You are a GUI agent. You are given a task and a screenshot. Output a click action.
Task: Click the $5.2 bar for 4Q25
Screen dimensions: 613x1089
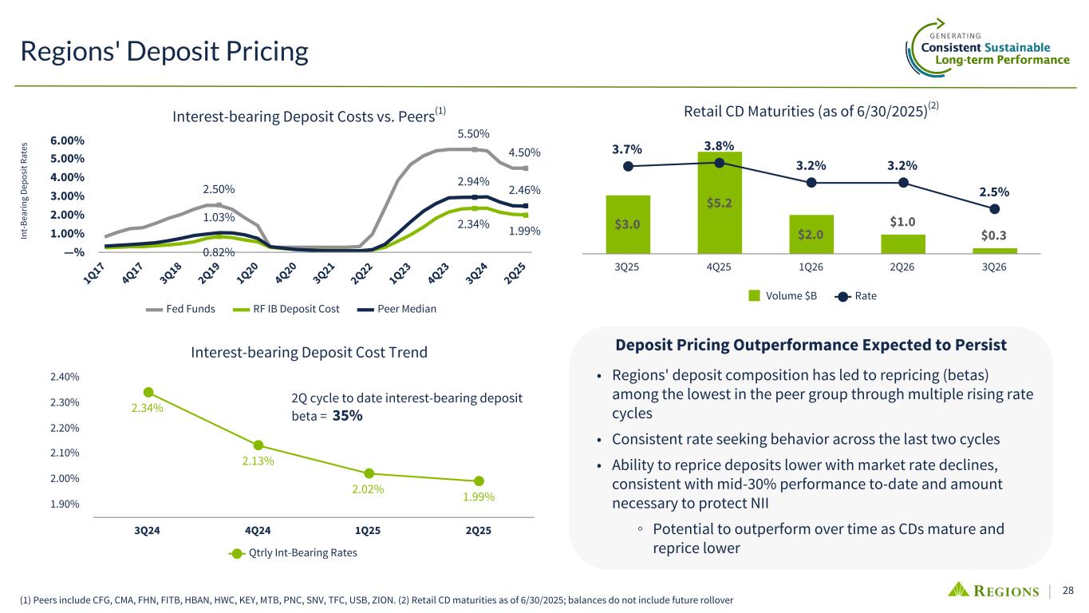[719, 203]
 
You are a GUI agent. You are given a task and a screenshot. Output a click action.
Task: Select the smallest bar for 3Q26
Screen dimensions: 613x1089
[993, 251]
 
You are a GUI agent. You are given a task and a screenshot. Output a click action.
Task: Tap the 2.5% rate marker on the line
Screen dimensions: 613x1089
[994, 209]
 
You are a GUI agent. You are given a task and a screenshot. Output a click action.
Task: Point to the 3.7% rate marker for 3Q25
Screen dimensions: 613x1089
[628, 166]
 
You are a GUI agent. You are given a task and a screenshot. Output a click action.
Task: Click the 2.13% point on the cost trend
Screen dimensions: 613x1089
[258, 445]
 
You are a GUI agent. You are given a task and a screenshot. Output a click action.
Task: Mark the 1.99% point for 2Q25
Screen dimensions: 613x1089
[479, 481]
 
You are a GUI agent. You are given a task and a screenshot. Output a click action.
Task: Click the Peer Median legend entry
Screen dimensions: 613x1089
[400, 309]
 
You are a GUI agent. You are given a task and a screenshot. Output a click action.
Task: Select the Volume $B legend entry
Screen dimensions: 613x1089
[783, 296]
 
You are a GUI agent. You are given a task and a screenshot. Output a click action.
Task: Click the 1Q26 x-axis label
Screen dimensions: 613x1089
[811, 267]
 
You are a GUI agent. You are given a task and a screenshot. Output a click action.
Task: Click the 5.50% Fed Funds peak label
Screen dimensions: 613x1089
[473, 133]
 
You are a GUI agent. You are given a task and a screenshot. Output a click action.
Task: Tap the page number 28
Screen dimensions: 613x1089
[1069, 591]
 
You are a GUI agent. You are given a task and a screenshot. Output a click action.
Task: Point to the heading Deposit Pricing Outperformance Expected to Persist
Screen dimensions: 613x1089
[811, 346]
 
